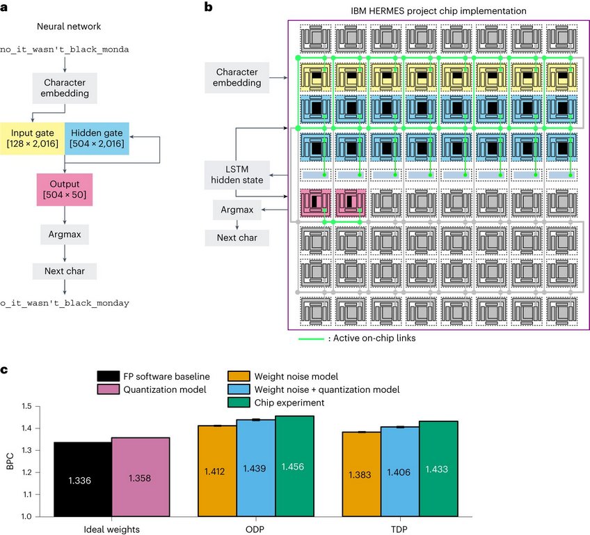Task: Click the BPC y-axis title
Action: point(10,460)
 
